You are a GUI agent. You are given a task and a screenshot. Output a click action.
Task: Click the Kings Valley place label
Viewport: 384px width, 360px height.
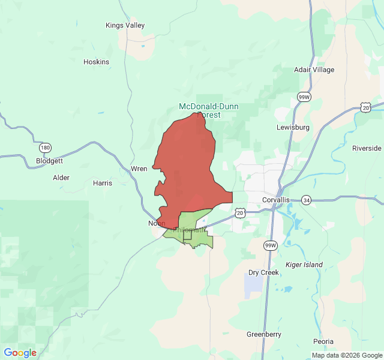[x=125, y=26]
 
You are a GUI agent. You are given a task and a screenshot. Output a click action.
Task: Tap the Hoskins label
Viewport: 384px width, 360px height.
[x=96, y=62]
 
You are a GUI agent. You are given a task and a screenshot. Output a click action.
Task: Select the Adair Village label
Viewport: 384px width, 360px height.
[x=314, y=70]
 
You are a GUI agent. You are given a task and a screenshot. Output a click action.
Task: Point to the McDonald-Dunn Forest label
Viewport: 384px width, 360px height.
[x=208, y=110]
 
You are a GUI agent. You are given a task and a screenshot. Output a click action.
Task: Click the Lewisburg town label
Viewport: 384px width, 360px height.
[x=293, y=127]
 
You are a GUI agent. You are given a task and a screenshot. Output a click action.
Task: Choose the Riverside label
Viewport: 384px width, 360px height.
[x=367, y=148]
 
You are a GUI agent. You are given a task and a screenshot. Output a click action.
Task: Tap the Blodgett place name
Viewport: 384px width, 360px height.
[x=49, y=161]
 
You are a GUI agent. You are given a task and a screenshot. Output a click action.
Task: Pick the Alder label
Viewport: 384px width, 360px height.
[x=61, y=178]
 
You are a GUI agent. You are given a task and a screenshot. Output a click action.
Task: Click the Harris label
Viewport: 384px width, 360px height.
[x=103, y=183]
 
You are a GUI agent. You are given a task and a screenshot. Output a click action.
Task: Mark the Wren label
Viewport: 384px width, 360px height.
[x=139, y=169]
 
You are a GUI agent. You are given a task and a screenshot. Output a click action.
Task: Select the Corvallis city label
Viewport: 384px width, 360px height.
[x=276, y=200]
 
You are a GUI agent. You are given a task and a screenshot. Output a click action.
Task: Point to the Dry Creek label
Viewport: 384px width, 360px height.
[x=264, y=272]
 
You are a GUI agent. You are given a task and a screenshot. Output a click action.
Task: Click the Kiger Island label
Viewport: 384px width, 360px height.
[x=304, y=265]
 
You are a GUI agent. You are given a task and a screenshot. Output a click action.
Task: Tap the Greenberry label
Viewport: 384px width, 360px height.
[x=264, y=334]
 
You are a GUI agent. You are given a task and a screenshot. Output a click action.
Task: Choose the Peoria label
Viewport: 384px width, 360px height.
[x=323, y=341]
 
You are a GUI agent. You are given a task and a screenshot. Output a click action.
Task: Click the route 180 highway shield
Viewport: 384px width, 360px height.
[x=45, y=147]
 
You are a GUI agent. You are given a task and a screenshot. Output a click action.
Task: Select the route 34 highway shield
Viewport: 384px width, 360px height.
[x=306, y=200]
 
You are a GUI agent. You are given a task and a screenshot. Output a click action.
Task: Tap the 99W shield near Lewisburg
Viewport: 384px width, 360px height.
[x=304, y=97]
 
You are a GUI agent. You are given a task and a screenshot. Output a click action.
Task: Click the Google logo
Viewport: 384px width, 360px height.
[x=20, y=353]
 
